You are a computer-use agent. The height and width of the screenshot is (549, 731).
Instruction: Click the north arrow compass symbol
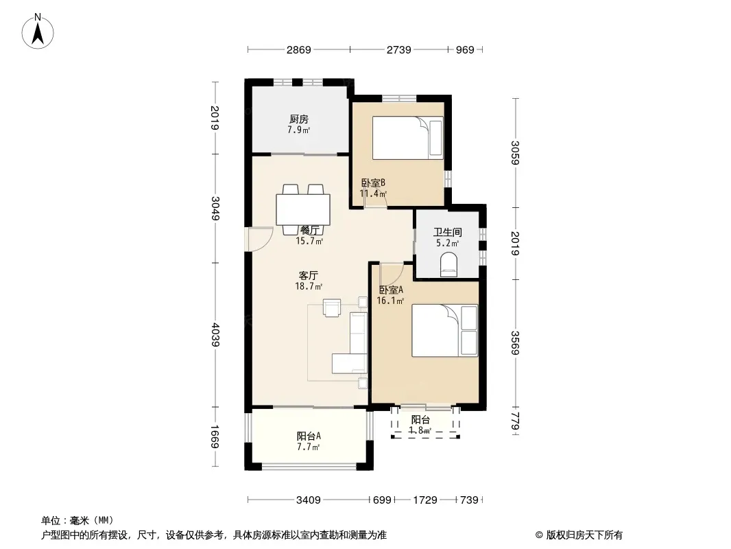38,32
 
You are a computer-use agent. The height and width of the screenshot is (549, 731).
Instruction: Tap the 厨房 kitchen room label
299,119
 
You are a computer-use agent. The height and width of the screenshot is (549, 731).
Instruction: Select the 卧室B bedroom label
373,183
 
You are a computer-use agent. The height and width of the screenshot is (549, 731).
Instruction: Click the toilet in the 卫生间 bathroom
449,264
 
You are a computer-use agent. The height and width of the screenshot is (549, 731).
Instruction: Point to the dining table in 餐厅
303,210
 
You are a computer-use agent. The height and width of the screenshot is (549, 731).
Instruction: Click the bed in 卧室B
407,138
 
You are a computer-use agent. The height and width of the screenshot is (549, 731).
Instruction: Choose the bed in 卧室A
445,331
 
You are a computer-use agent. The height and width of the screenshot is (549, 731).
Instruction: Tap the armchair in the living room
332,307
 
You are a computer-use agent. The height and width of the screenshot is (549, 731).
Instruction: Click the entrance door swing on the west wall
261,238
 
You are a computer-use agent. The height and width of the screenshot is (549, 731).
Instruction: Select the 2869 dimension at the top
299,49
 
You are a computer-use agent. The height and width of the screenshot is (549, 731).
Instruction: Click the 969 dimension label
465,49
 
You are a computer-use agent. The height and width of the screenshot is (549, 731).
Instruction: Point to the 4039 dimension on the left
215,334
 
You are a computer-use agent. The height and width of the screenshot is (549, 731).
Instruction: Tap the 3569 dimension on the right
515,343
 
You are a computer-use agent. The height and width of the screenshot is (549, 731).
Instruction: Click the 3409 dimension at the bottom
308,500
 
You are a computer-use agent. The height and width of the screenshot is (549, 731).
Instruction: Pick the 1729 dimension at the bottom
424,500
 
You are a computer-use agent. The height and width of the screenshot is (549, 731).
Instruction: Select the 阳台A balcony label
309,436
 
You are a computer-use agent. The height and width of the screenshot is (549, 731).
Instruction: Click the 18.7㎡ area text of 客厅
309,286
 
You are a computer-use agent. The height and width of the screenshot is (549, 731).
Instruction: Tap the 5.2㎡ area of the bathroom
448,243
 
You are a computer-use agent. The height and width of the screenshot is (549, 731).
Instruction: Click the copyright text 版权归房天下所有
584,535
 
